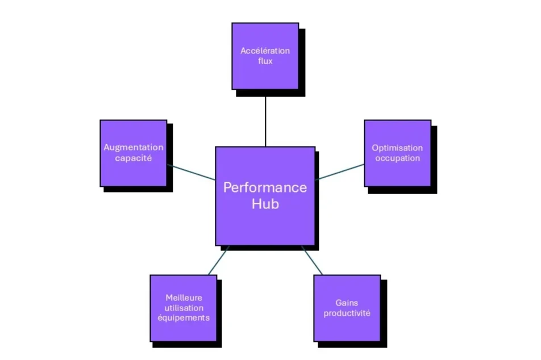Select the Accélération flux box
pyautogui.click(x=265, y=56)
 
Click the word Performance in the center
pyautogui.click(x=265, y=188)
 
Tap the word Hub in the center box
pyautogui.click(x=265, y=204)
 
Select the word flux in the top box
pyautogui.click(x=265, y=61)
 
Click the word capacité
pyautogui.click(x=134, y=158)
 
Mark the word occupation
pyautogui.click(x=397, y=158)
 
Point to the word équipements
pyautogui.click(x=183, y=317)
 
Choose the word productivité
pyautogui.click(x=347, y=313)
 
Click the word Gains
pyautogui.click(x=347, y=303)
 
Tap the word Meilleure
pyautogui.click(x=183, y=297)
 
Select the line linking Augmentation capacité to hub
pyautogui.click(x=191, y=172)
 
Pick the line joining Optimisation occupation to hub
pyautogui.click(x=340, y=172)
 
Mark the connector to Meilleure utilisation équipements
pyautogui.click(x=218, y=261)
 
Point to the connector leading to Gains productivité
pyautogui.click(x=312, y=261)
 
